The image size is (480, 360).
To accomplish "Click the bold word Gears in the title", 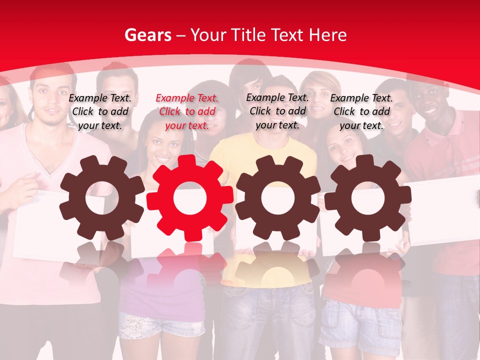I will [x=147, y=35].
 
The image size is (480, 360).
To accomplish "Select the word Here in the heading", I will [x=327, y=35].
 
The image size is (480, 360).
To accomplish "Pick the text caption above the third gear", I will [x=277, y=111].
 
